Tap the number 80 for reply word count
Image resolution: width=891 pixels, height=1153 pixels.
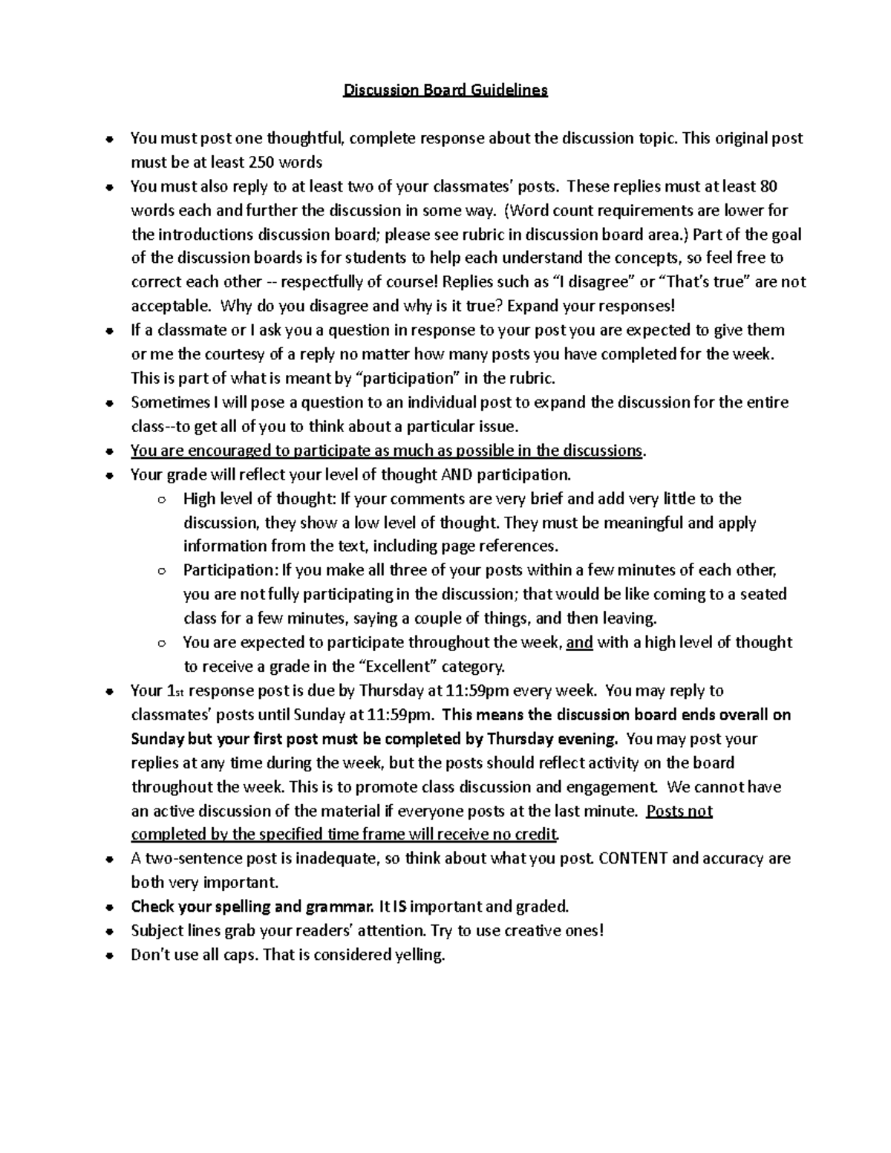[x=769, y=186]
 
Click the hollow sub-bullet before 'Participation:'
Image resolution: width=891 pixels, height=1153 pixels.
[x=161, y=571]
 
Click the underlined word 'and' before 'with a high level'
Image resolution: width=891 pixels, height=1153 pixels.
[x=579, y=642]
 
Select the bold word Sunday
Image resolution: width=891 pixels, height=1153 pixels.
[x=154, y=739]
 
